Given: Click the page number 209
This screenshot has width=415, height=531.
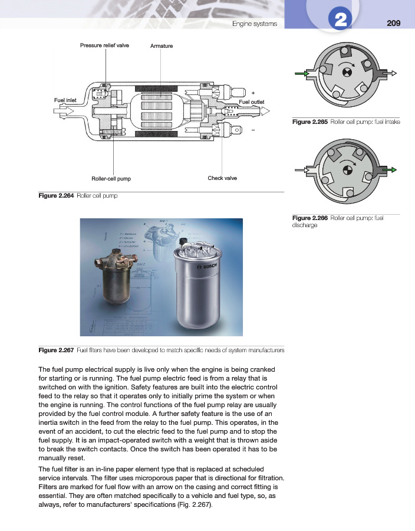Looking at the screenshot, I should point(394,23).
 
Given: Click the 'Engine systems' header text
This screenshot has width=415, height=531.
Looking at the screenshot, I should point(254,24).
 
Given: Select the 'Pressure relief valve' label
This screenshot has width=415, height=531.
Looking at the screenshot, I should point(104,45).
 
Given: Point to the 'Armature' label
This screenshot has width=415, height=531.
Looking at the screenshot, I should point(162,45).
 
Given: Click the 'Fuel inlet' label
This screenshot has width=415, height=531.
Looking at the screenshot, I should point(65,100).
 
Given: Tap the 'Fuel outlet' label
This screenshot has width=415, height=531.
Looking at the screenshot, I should point(252,102).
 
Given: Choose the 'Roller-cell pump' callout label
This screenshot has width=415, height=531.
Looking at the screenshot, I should point(111,178).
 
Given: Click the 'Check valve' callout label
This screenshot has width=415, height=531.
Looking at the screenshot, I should point(222,178).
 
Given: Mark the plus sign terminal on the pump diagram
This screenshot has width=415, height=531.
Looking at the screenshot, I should point(253,93).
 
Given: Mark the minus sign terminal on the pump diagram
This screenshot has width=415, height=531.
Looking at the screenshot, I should point(253,130).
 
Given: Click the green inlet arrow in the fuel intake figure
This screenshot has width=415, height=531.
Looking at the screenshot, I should point(301,74).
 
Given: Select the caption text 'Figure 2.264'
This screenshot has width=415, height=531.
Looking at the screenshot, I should point(56,196).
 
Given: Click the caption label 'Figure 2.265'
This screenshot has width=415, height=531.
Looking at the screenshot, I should point(310,122).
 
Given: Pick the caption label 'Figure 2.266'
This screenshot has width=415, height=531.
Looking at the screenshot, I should point(310,218).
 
